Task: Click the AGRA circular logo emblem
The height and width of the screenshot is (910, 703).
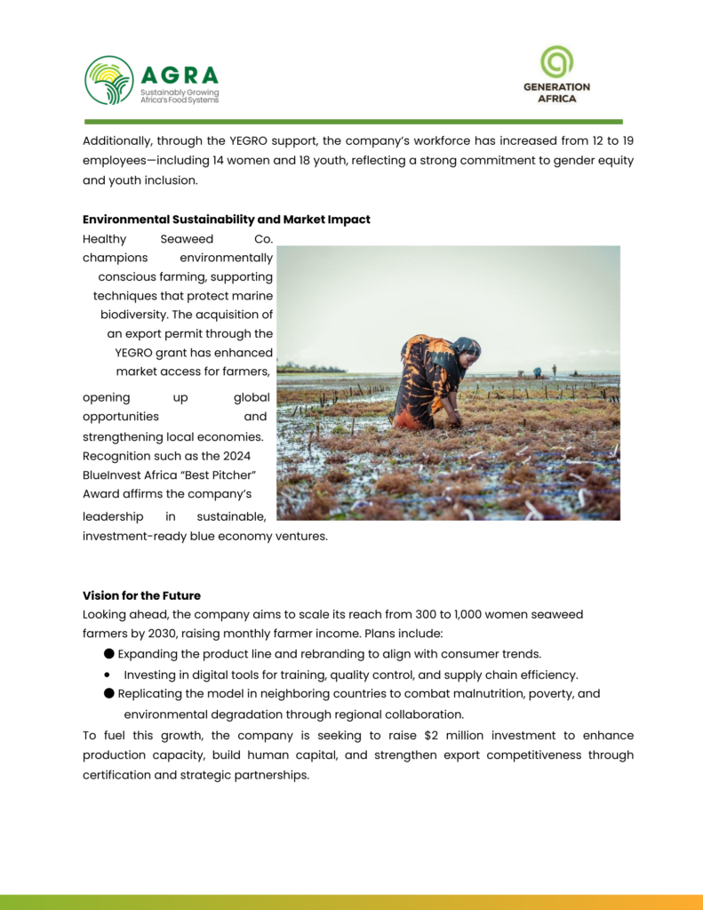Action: point(109,80)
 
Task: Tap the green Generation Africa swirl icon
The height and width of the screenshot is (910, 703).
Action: point(557,62)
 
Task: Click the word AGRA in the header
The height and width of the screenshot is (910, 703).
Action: point(179,76)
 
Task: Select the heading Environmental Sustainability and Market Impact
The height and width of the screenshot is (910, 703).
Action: point(227,220)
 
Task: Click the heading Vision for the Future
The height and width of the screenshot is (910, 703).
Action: point(141,595)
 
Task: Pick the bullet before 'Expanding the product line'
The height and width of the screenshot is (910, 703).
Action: point(108,653)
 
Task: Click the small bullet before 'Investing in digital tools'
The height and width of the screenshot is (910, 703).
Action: point(108,675)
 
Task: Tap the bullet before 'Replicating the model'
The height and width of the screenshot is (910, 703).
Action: point(108,693)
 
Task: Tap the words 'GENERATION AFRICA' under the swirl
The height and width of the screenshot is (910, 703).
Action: point(556,92)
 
